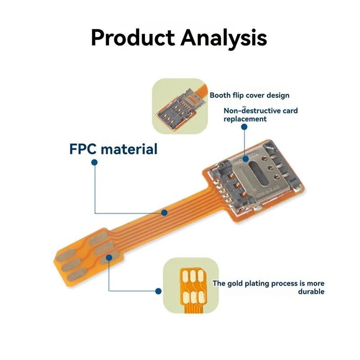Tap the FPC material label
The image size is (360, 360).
click(113, 149)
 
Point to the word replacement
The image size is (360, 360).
click(245, 119)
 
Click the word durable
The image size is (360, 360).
click(311, 292)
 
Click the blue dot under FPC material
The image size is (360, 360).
click(94, 163)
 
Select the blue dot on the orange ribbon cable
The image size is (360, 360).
click(165, 212)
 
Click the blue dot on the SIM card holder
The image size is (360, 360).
click(245, 158)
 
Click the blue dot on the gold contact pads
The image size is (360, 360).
click(109, 257)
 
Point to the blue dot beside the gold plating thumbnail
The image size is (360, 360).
click(158, 291)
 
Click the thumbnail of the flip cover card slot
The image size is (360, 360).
click(180, 106)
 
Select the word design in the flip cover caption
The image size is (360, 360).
click(277, 95)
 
